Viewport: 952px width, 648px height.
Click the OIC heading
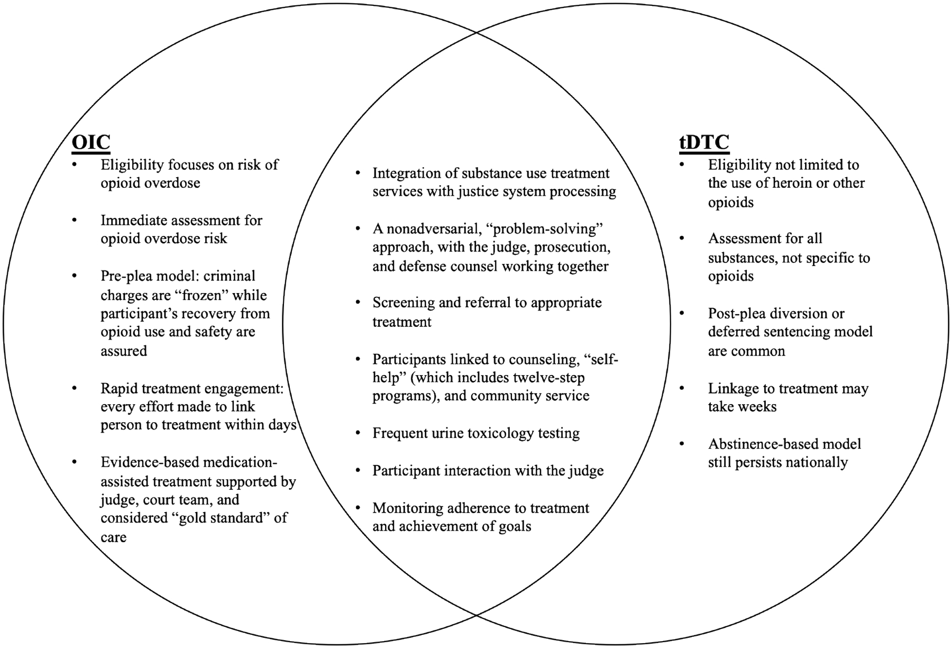pos(91,142)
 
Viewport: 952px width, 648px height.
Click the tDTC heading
pos(704,142)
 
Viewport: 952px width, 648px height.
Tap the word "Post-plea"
pos(736,314)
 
